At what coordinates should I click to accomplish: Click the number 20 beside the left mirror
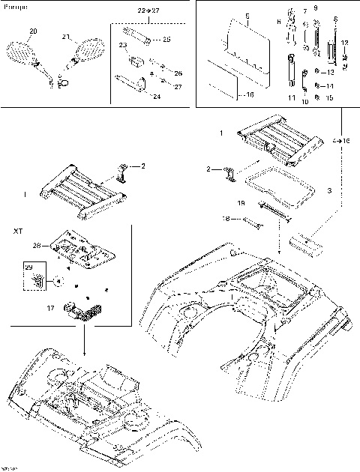tap(31, 31)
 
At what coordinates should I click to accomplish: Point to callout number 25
tap(166, 39)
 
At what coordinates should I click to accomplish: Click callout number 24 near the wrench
tap(156, 97)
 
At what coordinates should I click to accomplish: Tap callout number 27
tap(178, 87)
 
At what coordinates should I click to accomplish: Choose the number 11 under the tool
tap(290, 98)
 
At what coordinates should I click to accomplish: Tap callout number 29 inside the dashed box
tap(29, 267)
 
